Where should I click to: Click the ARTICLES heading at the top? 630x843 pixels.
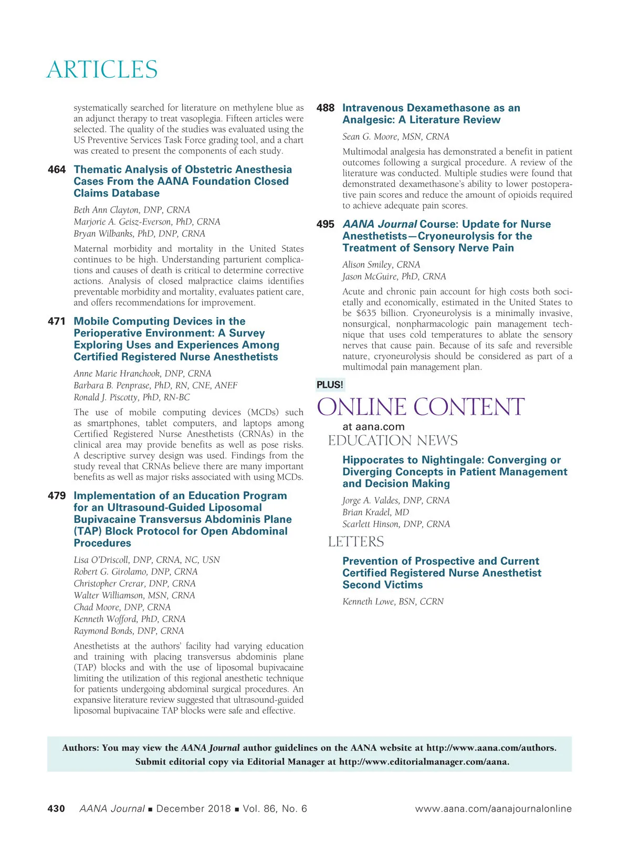point(102,70)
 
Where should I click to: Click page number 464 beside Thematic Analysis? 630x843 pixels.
point(57,170)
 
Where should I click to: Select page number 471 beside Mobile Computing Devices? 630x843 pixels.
point(57,321)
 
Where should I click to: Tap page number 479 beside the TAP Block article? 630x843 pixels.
point(57,496)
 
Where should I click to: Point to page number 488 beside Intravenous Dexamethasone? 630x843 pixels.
point(325,108)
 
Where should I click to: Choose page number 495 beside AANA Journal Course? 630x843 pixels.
point(325,224)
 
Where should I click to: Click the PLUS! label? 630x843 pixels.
point(330,385)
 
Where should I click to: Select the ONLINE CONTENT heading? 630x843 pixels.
point(421,407)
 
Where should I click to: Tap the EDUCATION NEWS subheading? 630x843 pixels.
point(393,440)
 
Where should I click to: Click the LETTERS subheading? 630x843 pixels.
point(356,542)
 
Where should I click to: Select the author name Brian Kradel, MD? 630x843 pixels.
point(375,512)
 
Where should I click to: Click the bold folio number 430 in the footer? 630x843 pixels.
point(56,809)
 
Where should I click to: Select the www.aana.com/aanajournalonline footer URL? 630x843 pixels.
point(493,809)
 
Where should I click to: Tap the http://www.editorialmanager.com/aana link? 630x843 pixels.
point(424,762)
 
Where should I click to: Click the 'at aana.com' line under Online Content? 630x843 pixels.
point(373,427)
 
